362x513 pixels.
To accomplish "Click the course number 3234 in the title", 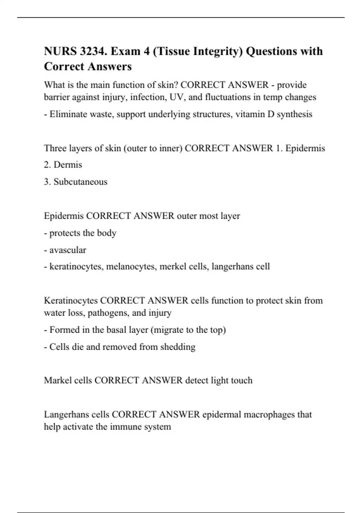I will [93, 51].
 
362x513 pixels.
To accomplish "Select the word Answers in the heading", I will [115, 66].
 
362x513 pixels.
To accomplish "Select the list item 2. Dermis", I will [63, 165].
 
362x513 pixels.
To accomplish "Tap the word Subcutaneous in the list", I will [80, 182].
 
